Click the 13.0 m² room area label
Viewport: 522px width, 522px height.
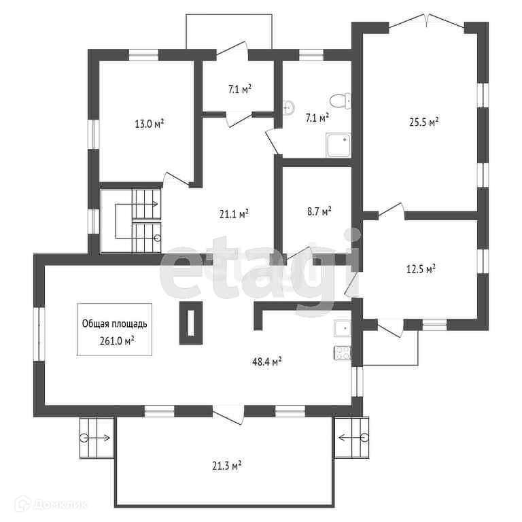click(x=149, y=124)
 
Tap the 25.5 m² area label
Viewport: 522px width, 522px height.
click(x=423, y=122)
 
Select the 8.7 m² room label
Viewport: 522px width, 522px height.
click(x=319, y=211)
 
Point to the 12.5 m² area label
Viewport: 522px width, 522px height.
click(x=421, y=268)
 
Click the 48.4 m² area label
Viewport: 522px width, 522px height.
click(x=267, y=362)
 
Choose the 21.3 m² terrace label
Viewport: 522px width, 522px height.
click(x=227, y=466)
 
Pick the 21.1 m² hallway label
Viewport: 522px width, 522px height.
click(x=234, y=214)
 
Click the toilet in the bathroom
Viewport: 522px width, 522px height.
click(x=341, y=101)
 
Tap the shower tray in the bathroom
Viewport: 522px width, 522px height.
click(x=338, y=145)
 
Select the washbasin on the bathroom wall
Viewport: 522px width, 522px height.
click(x=288, y=107)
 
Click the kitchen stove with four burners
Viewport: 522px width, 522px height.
click(x=343, y=353)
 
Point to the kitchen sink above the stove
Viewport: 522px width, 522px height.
click(x=343, y=328)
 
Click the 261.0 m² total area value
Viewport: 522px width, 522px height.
click(x=117, y=341)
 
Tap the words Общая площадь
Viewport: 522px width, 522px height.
click(x=114, y=324)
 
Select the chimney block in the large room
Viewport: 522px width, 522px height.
click(x=191, y=323)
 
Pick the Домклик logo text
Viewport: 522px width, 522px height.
click(x=60, y=505)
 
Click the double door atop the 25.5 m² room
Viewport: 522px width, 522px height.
click(x=426, y=21)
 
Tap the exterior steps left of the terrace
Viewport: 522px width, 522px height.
click(x=97, y=438)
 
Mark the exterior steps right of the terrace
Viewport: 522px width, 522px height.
click(x=351, y=437)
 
